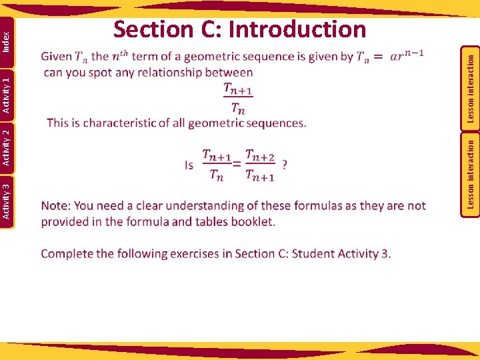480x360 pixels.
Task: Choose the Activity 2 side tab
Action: [x=6, y=147]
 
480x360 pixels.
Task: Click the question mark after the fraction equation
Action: [x=285, y=164]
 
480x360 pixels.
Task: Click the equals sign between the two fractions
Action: [x=237, y=165]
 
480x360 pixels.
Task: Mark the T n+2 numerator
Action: [x=260, y=155]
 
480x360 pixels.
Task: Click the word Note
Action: [x=55, y=205]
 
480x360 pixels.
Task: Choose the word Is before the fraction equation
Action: [x=189, y=165]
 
